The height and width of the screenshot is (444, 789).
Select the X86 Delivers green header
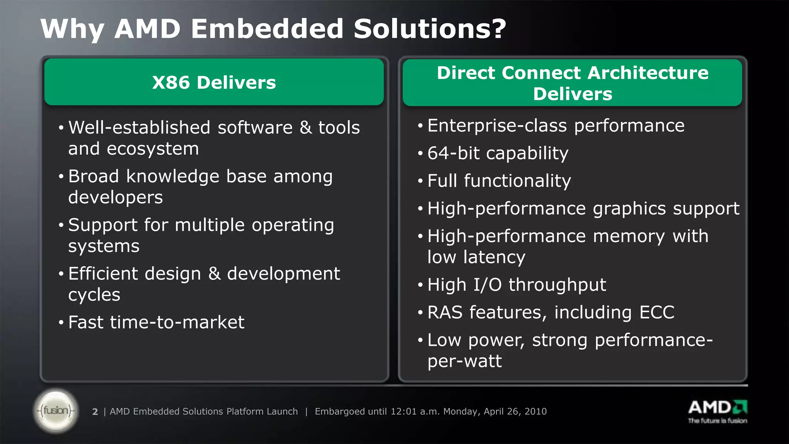pos(214,82)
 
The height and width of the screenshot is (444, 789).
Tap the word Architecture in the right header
pos(648,73)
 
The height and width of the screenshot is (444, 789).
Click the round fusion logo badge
pos(56,410)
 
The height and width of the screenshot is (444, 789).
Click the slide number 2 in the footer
pos(95,412)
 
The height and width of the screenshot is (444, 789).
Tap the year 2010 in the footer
pos(536,412)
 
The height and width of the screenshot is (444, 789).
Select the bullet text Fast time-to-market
pos(156,322)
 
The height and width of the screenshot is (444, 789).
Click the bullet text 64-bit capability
pos(498,153)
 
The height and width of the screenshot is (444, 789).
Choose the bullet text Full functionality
pos(499,181)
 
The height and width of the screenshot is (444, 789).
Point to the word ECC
pos(656,313)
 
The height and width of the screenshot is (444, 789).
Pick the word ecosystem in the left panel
pos(153,149)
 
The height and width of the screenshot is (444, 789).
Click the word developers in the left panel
pos(116,197)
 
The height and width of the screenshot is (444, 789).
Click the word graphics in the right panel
pos(629,209)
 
